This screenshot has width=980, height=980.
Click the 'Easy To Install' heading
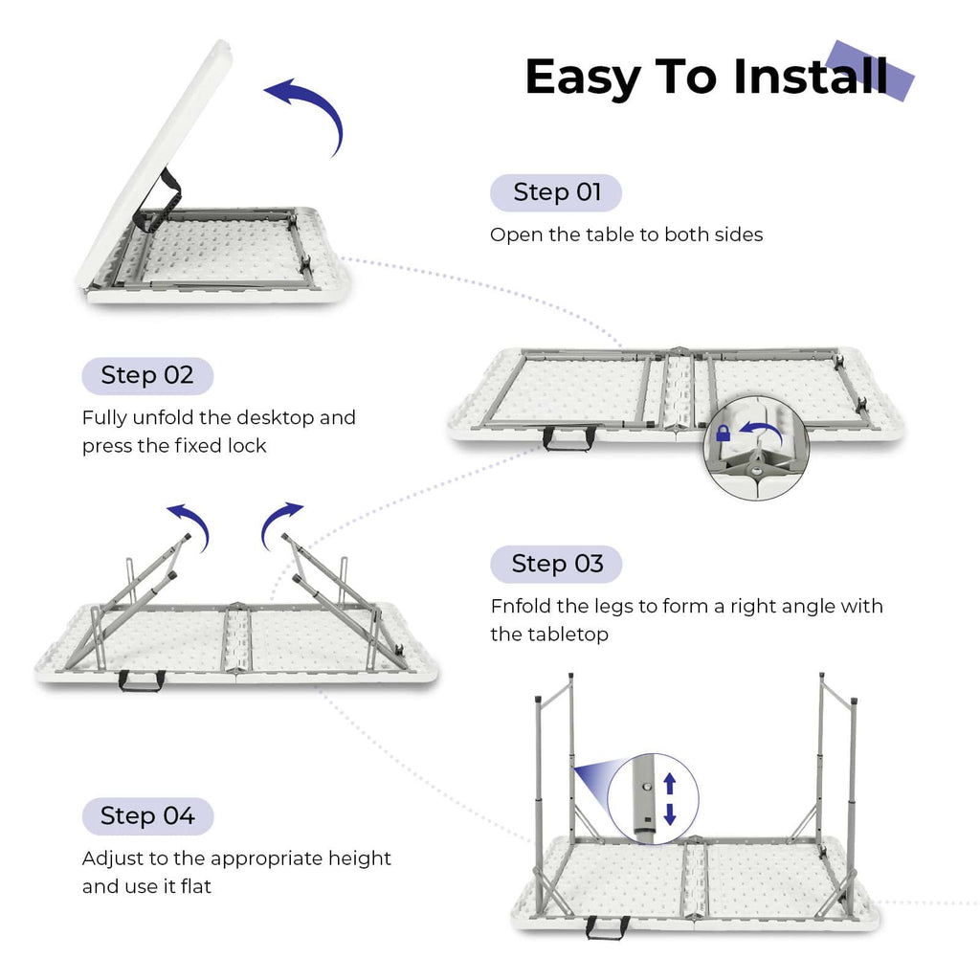click(x=705, y=77)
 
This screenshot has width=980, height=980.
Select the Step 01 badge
click(x=556, y=192)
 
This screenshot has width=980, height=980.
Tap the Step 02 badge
click(x=147, y=375)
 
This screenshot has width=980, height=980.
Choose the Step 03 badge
click(x=556, y=564)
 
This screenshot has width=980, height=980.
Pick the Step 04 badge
click(x=147, y=816)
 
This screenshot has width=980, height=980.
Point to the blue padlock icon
click(x=724, y=434)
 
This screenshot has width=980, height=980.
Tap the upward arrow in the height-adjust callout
click(x=670, y=784)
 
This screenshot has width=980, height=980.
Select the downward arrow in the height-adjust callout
click(x=670, y=814)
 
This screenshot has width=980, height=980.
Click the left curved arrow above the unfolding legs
click(x=189, y=522)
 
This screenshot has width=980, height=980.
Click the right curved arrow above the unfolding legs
click(x=278, y=522)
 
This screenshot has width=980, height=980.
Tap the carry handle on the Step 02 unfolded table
click(x=568, y=438)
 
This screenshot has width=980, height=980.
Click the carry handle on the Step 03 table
click(x=142, y=680)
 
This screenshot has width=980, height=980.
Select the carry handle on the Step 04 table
click(x=608, y=926)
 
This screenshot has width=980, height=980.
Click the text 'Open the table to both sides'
click(x=626, y=234)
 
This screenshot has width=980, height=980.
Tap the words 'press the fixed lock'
click(x=173, y=446)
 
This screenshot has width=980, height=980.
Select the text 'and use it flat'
click(x=146, y=886)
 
